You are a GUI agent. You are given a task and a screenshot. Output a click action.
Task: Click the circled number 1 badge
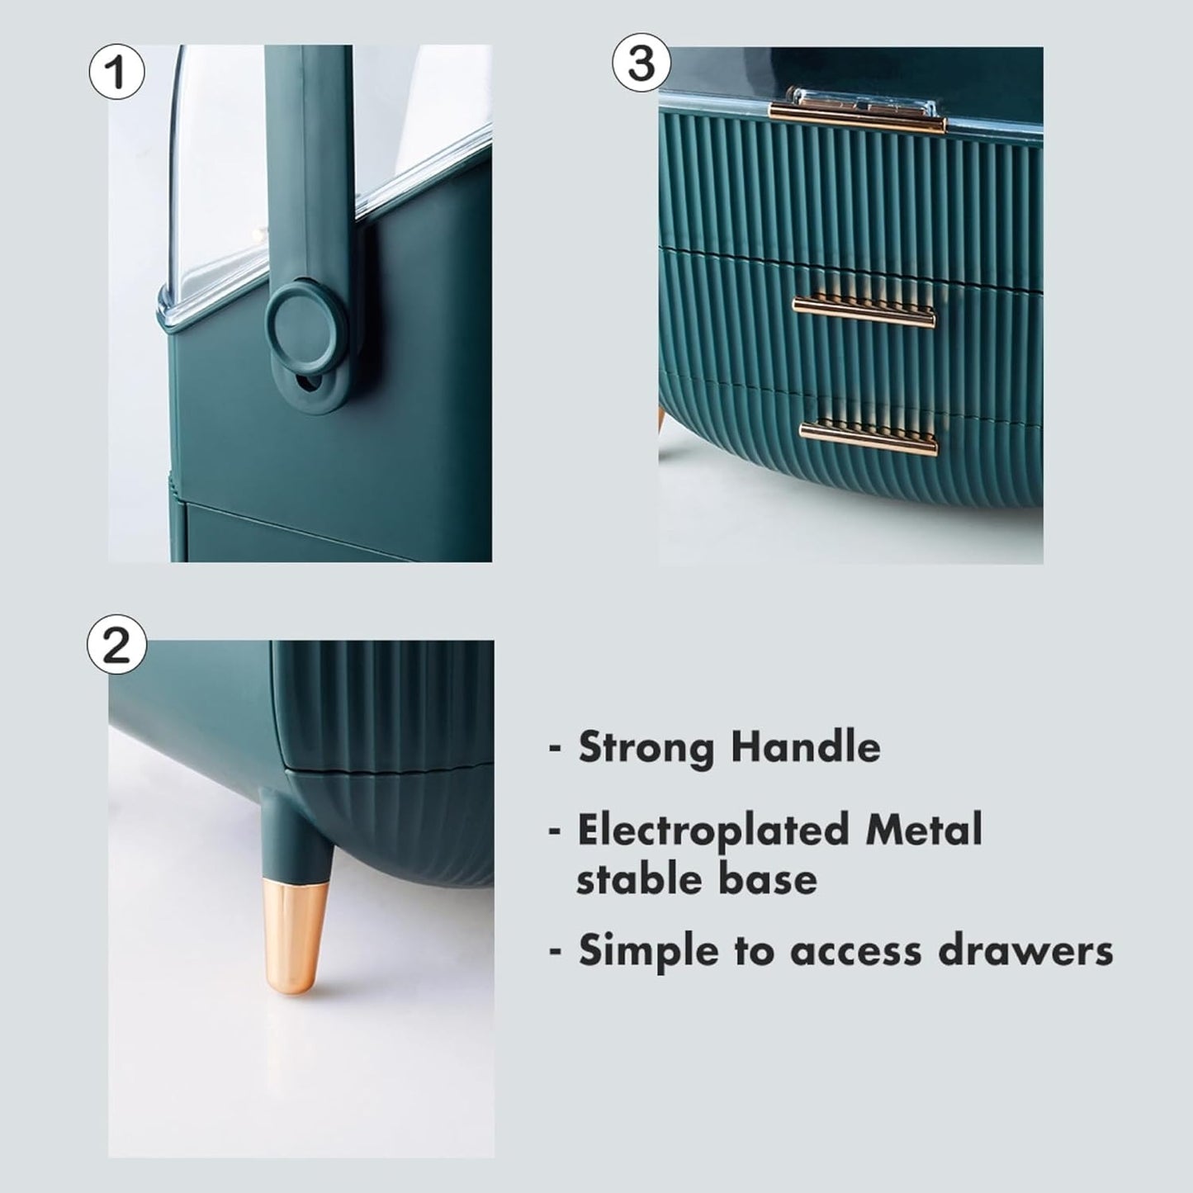coord(116,71)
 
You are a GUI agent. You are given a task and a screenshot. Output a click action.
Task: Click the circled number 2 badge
coord(116,645)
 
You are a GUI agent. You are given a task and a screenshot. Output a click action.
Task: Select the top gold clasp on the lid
coord(858,112)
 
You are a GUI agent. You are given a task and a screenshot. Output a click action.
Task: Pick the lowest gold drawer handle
coord(868,439)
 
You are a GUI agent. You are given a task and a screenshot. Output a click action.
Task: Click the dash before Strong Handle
coord(556,750)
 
